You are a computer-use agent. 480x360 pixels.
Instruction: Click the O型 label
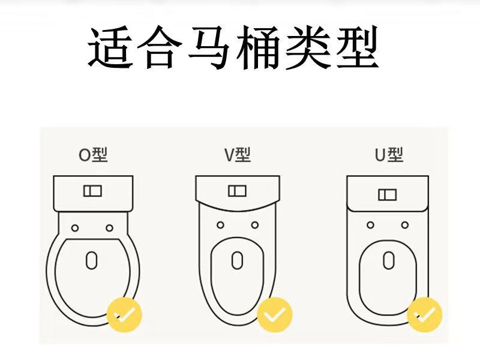pos(93,155)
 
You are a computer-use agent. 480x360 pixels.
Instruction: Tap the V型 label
pos(238,155)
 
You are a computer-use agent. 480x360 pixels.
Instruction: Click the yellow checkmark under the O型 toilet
pos(124,314)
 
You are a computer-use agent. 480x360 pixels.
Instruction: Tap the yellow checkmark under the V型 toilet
pos(274,314)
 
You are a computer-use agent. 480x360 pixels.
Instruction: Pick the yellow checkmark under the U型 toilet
pos(424,314)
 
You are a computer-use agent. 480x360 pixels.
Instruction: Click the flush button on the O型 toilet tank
pos(92,191)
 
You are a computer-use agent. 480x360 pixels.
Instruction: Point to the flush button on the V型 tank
pos(237,191)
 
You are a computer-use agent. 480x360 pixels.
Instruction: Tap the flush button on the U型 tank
pos(387,194)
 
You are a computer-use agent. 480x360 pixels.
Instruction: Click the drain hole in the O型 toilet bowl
pos(91,260)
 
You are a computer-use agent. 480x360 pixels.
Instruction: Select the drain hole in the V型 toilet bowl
pos(238,260)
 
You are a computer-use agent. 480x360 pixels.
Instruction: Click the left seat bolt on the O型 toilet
pos(74,227)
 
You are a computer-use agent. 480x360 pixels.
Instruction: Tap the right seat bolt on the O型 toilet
pos(109,227)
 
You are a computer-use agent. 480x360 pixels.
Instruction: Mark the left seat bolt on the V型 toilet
pos(220,225)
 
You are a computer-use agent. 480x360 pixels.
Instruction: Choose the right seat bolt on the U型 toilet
pos(404,225)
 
